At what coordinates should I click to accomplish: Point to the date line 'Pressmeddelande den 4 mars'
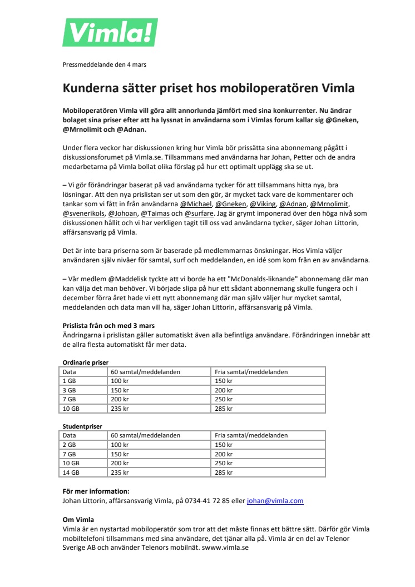click(x=104, y=64)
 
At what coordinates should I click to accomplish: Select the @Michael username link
click(x=196, y=204)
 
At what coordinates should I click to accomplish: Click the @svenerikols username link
click(x=82, y=213)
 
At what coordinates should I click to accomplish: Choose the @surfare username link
click(x=199, y=213)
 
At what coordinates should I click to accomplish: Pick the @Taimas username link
click(x=155, y=213)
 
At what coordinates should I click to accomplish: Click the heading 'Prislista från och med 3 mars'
click(x=108, y=325)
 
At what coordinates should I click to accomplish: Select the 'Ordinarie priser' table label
click(x=85, y=362)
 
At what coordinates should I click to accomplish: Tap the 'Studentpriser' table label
click(x=82, y=426)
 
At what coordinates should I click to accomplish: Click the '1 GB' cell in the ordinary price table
click(x=69, y=381)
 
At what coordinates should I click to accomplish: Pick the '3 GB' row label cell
click(x=69, y=390)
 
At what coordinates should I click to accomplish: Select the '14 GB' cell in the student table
click(x=71, y=472)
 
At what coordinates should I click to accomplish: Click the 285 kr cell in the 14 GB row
click(x=224, y=472)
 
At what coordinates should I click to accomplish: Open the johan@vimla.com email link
click(x=275, y=501)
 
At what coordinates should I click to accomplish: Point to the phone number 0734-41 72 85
click(x=208, y=501)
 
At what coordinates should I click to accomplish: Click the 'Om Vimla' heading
click(x=78, y=520)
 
